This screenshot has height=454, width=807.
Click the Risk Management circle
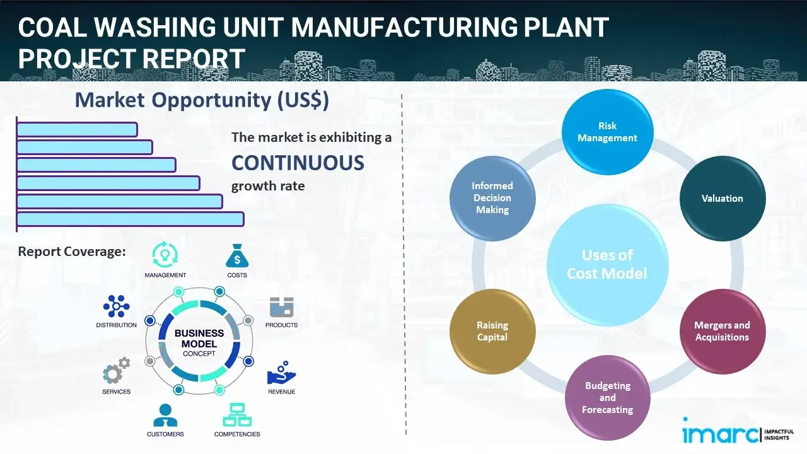pyautogui.click(x=607, y=132)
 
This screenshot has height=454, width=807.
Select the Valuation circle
pyautogui.click(x=722, y=199)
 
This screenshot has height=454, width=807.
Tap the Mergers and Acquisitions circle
pyautogui.click(x=722, y=331)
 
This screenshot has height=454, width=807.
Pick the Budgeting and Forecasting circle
pyautogui.click(x=607, y=397)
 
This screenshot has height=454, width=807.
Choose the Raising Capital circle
pyautogui.click(x=492, y=331)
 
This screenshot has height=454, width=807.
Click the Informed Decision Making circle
pyautogui.click(x=492, y=198)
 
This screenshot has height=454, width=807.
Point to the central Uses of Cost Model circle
pyautogui.click(x=607, y=264)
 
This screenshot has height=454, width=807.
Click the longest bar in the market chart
pyautogui.click(x=130, y=219)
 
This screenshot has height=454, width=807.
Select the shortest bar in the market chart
pyautogui.click(x=77, y=129)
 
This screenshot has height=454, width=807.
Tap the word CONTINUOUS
pyautogui.click(x=298, y=163)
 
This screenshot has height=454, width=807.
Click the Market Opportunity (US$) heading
pyautogui.click(x=202, y=100)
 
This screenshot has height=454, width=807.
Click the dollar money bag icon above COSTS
pyautogui.click(x=237, y=256)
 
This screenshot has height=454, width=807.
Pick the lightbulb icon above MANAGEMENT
pyautogui.click(x=165, y=254)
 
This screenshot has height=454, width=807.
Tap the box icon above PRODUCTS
pyautogui.click(x=281, y=308)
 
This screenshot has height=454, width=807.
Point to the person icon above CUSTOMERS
pyautogui.click(x=165, y=415)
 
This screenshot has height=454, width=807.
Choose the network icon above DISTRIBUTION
pyautogui.click(x=116, y=306)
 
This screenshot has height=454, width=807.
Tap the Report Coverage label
pyautogui.click(x=72, y=252)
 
